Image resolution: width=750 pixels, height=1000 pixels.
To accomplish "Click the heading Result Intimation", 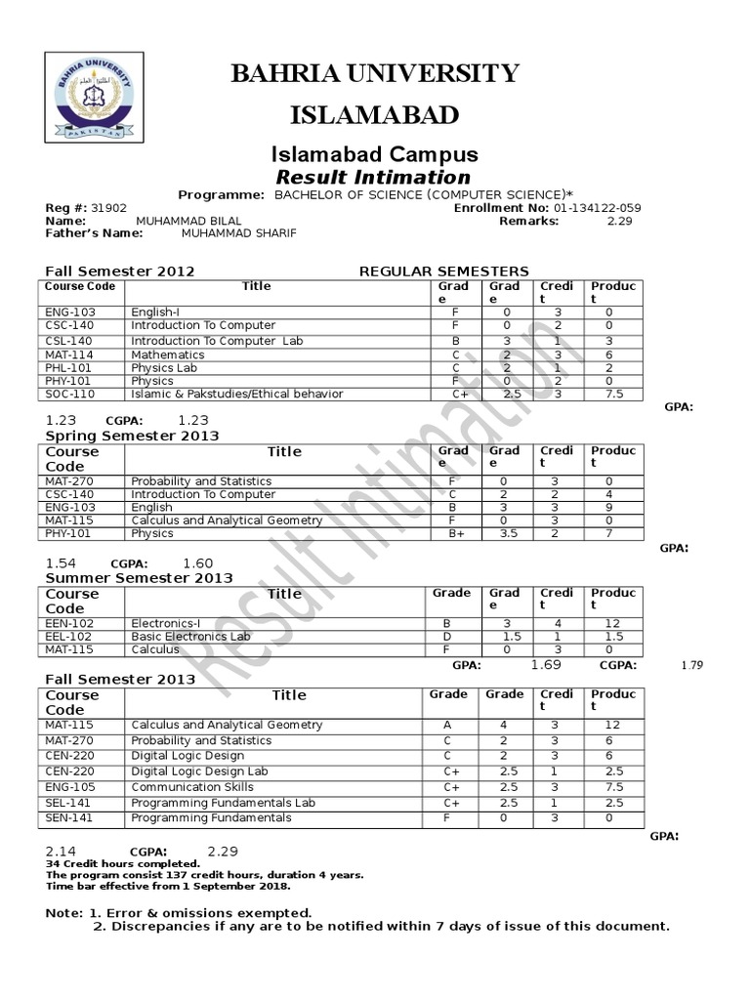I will [x=374, y=178].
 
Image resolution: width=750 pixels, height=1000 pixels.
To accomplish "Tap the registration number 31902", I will [x=109, y=208].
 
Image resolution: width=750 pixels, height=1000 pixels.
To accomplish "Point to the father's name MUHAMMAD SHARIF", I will [x=238, y=233].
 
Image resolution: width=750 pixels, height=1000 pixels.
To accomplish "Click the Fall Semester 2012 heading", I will [x=121, y=271].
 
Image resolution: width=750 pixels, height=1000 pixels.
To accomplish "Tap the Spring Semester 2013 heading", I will [x=133, y=436].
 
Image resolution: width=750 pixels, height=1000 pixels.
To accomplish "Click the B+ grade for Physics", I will [x=455, y=534].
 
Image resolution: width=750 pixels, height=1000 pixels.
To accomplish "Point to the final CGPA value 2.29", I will [x=223, y=852].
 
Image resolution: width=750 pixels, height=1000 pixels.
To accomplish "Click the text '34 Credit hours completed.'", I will [x=123, y=864].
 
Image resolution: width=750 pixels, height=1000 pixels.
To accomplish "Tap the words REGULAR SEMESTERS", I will [x=444, y=271].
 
